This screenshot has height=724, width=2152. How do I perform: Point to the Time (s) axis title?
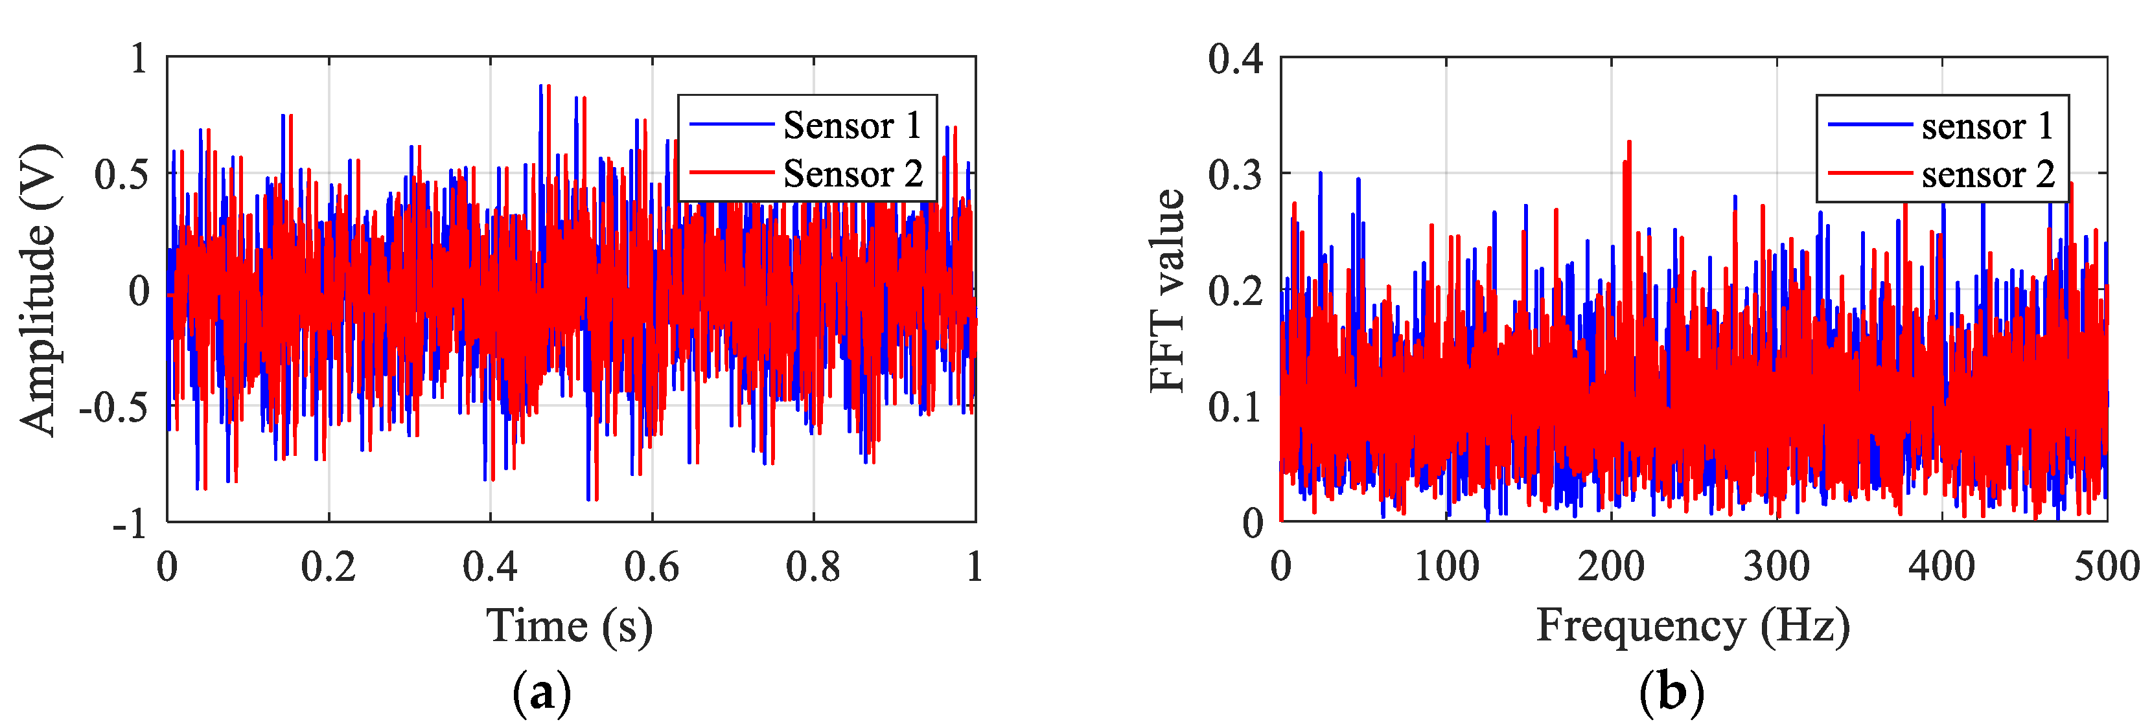pyautogui.click(x=570, y=626)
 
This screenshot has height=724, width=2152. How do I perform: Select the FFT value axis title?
pyautogui.click(x=1168, y=291)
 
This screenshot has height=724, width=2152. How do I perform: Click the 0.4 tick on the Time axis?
pyautogui.click(x=491, y=568)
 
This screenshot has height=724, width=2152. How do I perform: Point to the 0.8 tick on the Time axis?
pyautogui.click(x=813, y=568)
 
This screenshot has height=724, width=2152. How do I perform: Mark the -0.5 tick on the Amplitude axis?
pyautogui.click(x=113, y=407)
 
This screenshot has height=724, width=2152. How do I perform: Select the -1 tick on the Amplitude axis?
pyautogui.click(x=130, y=525)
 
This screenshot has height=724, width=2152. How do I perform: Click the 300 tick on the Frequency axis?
pyautogui.click(x=1776, y=568)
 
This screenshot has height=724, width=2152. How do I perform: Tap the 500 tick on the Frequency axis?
pyautogui.click(x=2106, y=568)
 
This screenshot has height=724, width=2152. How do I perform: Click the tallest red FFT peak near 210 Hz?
pyautogui.click(x=1629, y=143)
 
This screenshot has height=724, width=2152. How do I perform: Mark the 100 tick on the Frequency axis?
pyautogui.click(x=1446, y=568)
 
